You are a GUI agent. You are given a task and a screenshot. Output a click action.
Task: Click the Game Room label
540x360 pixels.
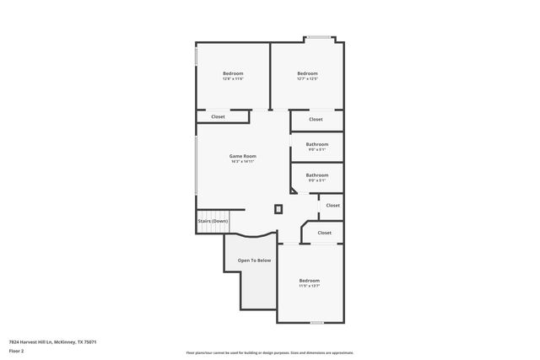point(243,156)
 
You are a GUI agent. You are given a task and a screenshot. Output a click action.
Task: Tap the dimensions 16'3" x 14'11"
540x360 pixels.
point(243,162)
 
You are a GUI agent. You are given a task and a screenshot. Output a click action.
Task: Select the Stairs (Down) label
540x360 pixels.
point(213,221)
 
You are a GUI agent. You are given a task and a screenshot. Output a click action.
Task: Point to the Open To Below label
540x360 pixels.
point(254,261)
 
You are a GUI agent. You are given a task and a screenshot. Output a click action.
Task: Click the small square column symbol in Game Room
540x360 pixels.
point(278,209)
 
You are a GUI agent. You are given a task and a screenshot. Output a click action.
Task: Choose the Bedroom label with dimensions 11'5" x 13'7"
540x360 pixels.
point(310,280)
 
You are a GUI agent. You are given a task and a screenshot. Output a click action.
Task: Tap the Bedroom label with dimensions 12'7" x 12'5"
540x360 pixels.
point(307,73)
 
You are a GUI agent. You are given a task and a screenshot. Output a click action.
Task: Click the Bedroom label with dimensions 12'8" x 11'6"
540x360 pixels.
point(233,73)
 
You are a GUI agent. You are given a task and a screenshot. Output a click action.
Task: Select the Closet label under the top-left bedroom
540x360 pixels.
point(218,116)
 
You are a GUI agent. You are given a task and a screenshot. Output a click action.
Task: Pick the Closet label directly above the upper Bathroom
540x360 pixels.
point(316,120)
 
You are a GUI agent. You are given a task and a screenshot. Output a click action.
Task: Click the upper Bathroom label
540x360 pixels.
point(317,144)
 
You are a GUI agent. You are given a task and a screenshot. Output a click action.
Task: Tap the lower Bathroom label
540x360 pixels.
point(317,175)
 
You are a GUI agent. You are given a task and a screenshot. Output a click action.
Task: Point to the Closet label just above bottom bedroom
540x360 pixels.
point(324,233)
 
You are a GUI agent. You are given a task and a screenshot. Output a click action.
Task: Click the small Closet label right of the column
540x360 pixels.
point(332,205)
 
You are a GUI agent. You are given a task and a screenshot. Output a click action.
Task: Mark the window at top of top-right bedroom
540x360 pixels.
point(318,37)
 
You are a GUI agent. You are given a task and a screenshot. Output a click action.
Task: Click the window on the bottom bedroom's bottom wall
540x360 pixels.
point(316,322)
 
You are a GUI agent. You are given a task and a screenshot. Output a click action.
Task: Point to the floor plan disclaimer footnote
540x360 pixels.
point(269,352)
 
